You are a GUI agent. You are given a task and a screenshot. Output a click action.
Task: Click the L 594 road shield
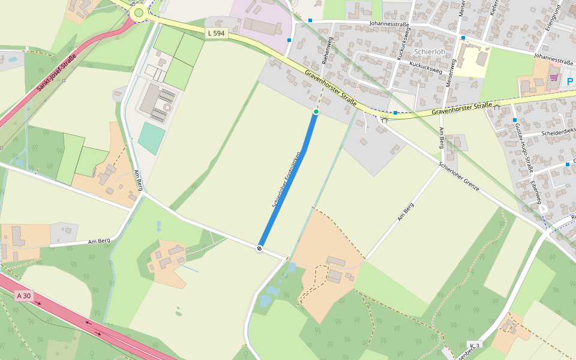[215, 34]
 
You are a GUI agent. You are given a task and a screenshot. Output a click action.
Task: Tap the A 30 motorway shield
[23, 296]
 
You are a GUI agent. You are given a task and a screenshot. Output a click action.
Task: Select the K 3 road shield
[475, 345]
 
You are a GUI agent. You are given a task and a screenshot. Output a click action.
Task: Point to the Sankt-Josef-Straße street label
[58, 72]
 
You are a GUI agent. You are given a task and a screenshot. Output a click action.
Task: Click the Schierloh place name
[429, 52]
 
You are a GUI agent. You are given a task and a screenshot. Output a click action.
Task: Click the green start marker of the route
[316, 112]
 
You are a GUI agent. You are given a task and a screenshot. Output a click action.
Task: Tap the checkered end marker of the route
[260, 248]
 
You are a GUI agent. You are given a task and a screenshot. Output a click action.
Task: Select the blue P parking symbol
[569, 80]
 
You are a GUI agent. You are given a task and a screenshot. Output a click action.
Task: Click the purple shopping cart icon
[553, 77]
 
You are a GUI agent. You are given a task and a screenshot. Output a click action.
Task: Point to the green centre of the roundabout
[139, 13]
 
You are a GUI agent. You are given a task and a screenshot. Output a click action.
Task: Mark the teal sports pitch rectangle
[152, 138]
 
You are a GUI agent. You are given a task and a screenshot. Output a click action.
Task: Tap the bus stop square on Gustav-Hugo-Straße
[515, 120]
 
